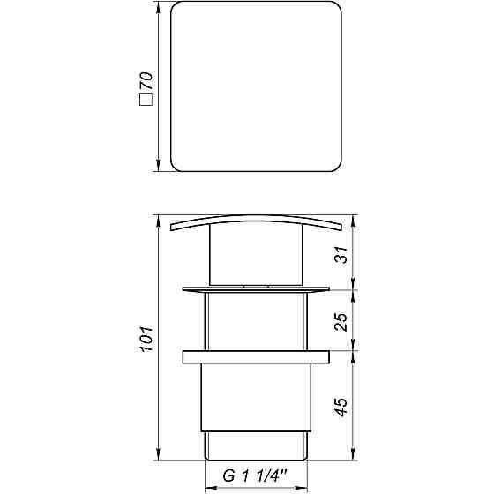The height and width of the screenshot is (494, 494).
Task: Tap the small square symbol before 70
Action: [x=146, y=102]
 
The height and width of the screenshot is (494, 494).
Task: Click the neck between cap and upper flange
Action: [x=256, y=258]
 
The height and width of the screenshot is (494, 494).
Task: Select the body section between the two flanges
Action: [x=256, y=322]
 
